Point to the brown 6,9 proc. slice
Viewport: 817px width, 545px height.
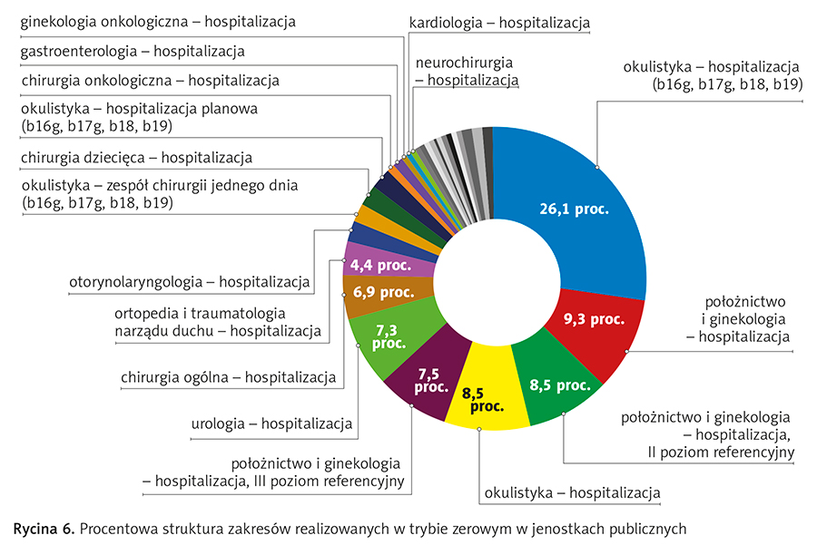click(x=377, y=294)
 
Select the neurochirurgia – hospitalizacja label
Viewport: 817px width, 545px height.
click(x=466, y=72)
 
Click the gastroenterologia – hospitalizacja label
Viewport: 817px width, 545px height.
click(x=132, y=51)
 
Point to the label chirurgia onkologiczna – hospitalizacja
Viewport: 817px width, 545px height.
click(x=150, y=81)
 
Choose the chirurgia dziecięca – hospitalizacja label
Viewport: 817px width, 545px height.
click(x=136, y=159)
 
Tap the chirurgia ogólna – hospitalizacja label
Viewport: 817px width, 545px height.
click(x=228, y=376)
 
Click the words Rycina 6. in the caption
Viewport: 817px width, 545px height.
click(x=43, y=528)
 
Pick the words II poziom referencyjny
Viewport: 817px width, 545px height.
click(x=723, y=452)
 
